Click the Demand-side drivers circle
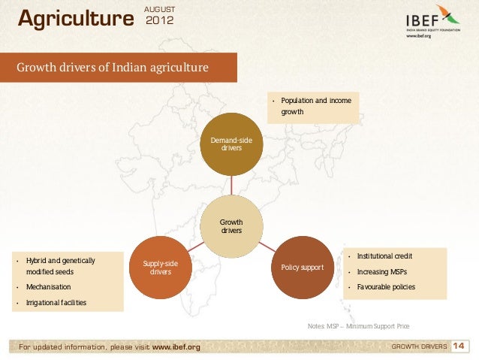(x=231, y=144)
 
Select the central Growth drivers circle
(x=231, y=226)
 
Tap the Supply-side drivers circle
(x=161, y=267)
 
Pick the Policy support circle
(x=302, y=267)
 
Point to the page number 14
(x=460, y=346)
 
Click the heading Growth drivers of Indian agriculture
(x=113, y=68)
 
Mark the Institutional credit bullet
(x=384, y=256)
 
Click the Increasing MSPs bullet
(x=384, y=271)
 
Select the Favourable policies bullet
(x=386, y=287)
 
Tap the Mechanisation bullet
(x=48, y=287)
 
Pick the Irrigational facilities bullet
(x=56, y=303)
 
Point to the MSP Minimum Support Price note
(x=358, y=326)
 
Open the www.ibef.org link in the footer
(x=176, y=346)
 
